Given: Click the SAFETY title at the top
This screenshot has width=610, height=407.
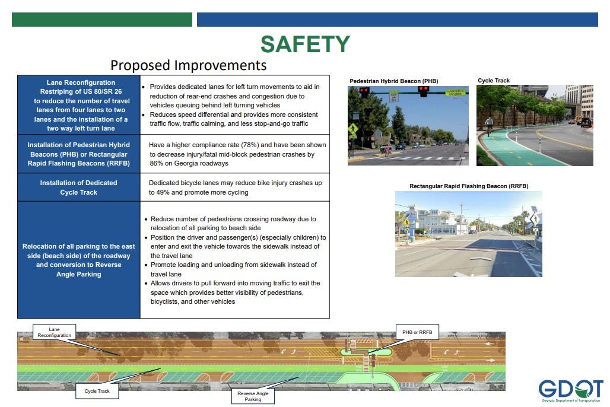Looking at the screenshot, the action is point(305,44).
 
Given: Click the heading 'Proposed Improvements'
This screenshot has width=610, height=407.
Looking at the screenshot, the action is point(189,65).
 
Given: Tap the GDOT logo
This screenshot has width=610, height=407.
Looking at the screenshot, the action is point(571,390).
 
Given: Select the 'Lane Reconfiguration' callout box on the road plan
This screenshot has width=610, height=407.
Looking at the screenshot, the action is point(54,332).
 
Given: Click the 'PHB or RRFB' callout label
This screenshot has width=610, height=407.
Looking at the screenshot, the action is point(417,332).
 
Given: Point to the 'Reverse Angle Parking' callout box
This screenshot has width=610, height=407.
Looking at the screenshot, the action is point(253,396).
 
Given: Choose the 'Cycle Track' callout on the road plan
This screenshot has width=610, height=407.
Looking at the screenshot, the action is point(97,391).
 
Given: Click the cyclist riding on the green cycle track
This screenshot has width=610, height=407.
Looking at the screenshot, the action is point(488,125).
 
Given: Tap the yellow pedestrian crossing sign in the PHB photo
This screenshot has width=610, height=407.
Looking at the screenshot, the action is point(353,129).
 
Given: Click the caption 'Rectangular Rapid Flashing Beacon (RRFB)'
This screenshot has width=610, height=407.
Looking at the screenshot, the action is point(469,186).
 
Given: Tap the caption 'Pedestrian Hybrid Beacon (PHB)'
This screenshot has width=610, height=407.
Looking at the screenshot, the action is point(393,81).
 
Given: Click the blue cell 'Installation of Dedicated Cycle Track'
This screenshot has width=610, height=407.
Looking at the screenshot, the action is point(78,187).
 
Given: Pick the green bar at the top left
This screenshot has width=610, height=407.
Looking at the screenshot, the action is point(102,20).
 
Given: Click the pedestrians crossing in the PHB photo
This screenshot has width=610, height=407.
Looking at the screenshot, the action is point(387,151).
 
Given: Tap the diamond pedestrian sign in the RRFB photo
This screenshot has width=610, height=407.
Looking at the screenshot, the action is point(535,219).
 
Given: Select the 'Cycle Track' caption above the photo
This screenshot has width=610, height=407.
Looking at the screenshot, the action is point(494,81).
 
